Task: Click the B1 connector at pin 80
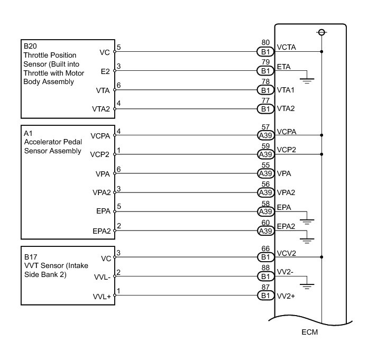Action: coord(265,52)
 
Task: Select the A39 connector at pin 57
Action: coord(265,135)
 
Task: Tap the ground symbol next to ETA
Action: coord(307,80)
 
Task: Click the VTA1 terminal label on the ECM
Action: coord(286,90)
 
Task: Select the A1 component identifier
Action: coord(28,133)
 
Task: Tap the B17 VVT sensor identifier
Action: coord(30,253)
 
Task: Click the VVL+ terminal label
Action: coord(102,296)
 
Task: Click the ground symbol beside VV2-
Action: coord(307,287)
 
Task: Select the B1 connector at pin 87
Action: coord(265,296)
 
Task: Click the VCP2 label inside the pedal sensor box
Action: coord(100,154)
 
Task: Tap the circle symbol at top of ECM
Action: coord(321,33)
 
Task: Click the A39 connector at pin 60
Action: coord(265,230)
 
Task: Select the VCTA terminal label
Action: coord(287,47)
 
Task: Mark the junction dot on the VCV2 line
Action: coord(321,257)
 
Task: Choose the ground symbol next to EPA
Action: coord(307,220)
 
